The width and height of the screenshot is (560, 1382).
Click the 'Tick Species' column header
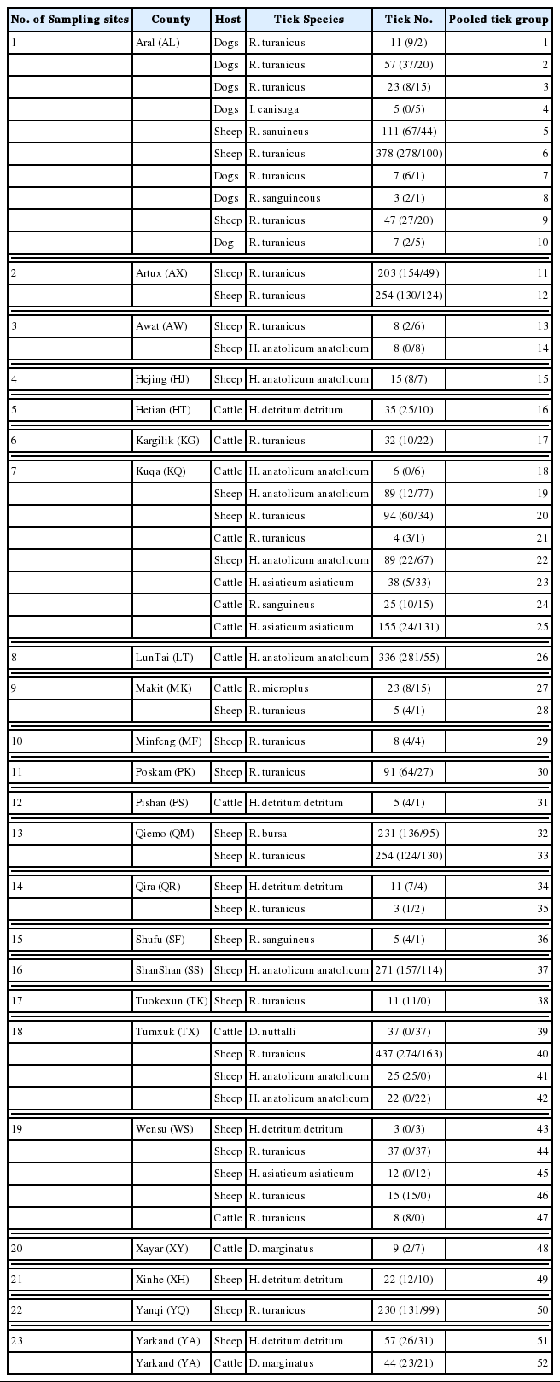pos(308,19)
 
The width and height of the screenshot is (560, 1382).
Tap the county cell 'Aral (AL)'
pos(156,43)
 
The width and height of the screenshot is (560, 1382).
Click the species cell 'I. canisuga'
pos(274,109)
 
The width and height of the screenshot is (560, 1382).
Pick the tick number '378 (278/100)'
pos(408,154)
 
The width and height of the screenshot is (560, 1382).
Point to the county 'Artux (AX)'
pos(160,273)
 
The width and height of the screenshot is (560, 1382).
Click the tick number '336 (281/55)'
pos(408,658)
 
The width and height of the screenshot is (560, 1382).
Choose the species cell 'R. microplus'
pos(279,688)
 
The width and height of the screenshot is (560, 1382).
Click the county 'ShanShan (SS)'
pos(169,970)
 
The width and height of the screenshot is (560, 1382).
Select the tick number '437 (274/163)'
pos(408,1054)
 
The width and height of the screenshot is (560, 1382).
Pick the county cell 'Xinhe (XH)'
pos(162,1280)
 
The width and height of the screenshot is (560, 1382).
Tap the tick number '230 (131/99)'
pos(408,1310)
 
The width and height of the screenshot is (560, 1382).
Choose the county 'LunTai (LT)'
pos(165,658)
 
